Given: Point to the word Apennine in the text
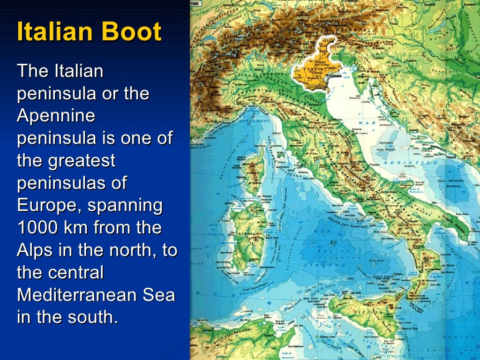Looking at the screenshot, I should [56, 115].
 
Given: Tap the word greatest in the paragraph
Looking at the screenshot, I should [82, 161].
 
